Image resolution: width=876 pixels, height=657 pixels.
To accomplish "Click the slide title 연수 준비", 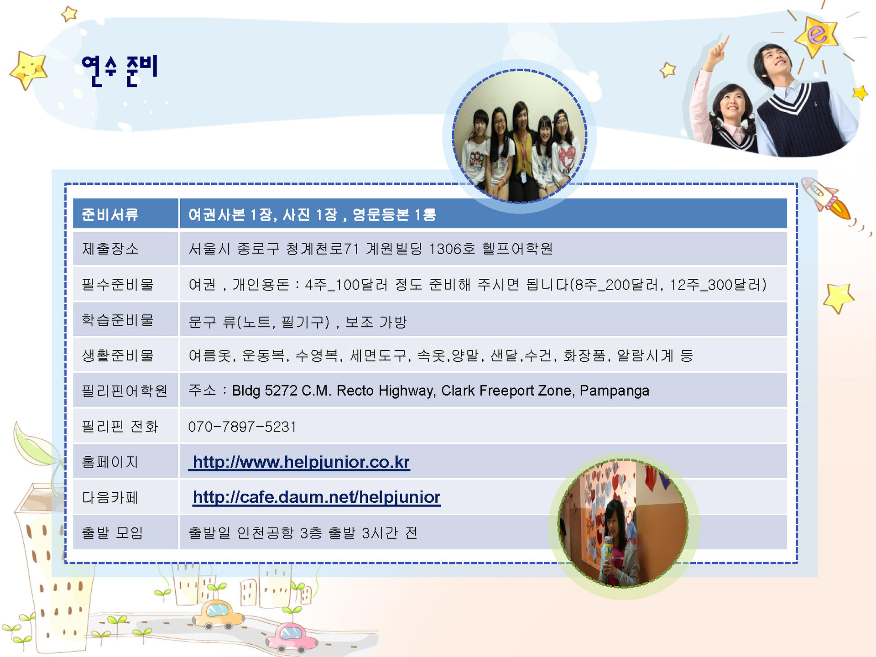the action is [x=120, y=71].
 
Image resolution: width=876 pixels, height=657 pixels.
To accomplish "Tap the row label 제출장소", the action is [x=110, y=249].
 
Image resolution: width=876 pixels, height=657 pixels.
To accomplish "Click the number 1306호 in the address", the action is [x=452, y=249].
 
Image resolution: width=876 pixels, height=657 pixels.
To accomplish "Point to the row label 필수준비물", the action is [x=118, y=284].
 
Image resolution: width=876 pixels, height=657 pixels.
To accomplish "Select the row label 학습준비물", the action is [x=118, y=320].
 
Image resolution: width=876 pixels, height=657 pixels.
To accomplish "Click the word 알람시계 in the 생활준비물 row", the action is [x=645, y=355].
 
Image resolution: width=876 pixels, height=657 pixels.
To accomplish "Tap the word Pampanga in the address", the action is [x=614, y=391].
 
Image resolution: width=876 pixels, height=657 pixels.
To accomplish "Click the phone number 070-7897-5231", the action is [x=242, y=427].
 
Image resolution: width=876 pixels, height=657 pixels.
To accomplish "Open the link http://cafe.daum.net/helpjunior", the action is [x=317, y=497].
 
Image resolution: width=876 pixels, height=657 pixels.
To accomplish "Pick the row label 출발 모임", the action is [x=112, y=532].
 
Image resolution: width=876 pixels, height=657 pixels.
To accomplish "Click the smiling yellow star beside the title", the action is [x=29, y=69].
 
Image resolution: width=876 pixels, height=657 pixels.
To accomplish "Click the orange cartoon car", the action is [x=219, y=614].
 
